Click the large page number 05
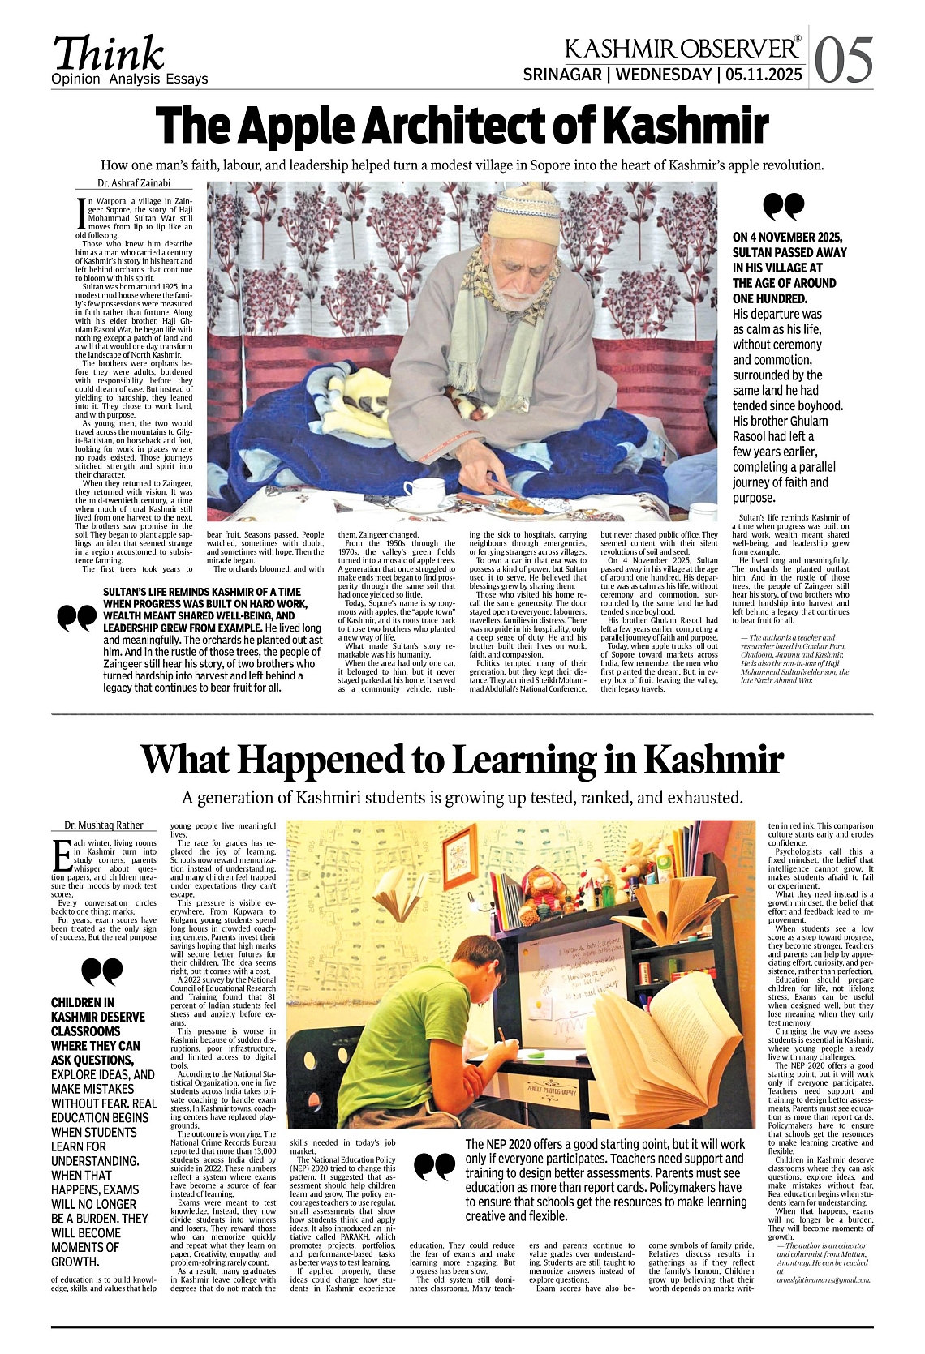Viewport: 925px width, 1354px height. (x=844, y=61)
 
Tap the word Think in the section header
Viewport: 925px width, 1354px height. (x=109, y=54)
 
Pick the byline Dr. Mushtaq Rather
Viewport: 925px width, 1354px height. (x=104, y=825)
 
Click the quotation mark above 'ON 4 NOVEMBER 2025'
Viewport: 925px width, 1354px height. (x=784, y=207)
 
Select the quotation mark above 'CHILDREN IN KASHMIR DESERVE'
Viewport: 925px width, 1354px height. (x=102, y=971)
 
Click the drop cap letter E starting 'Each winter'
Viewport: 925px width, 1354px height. (x=61, y=854)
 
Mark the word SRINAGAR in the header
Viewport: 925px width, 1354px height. (x=561, y=75)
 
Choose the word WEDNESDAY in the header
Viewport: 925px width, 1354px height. (x=663, y=75)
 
